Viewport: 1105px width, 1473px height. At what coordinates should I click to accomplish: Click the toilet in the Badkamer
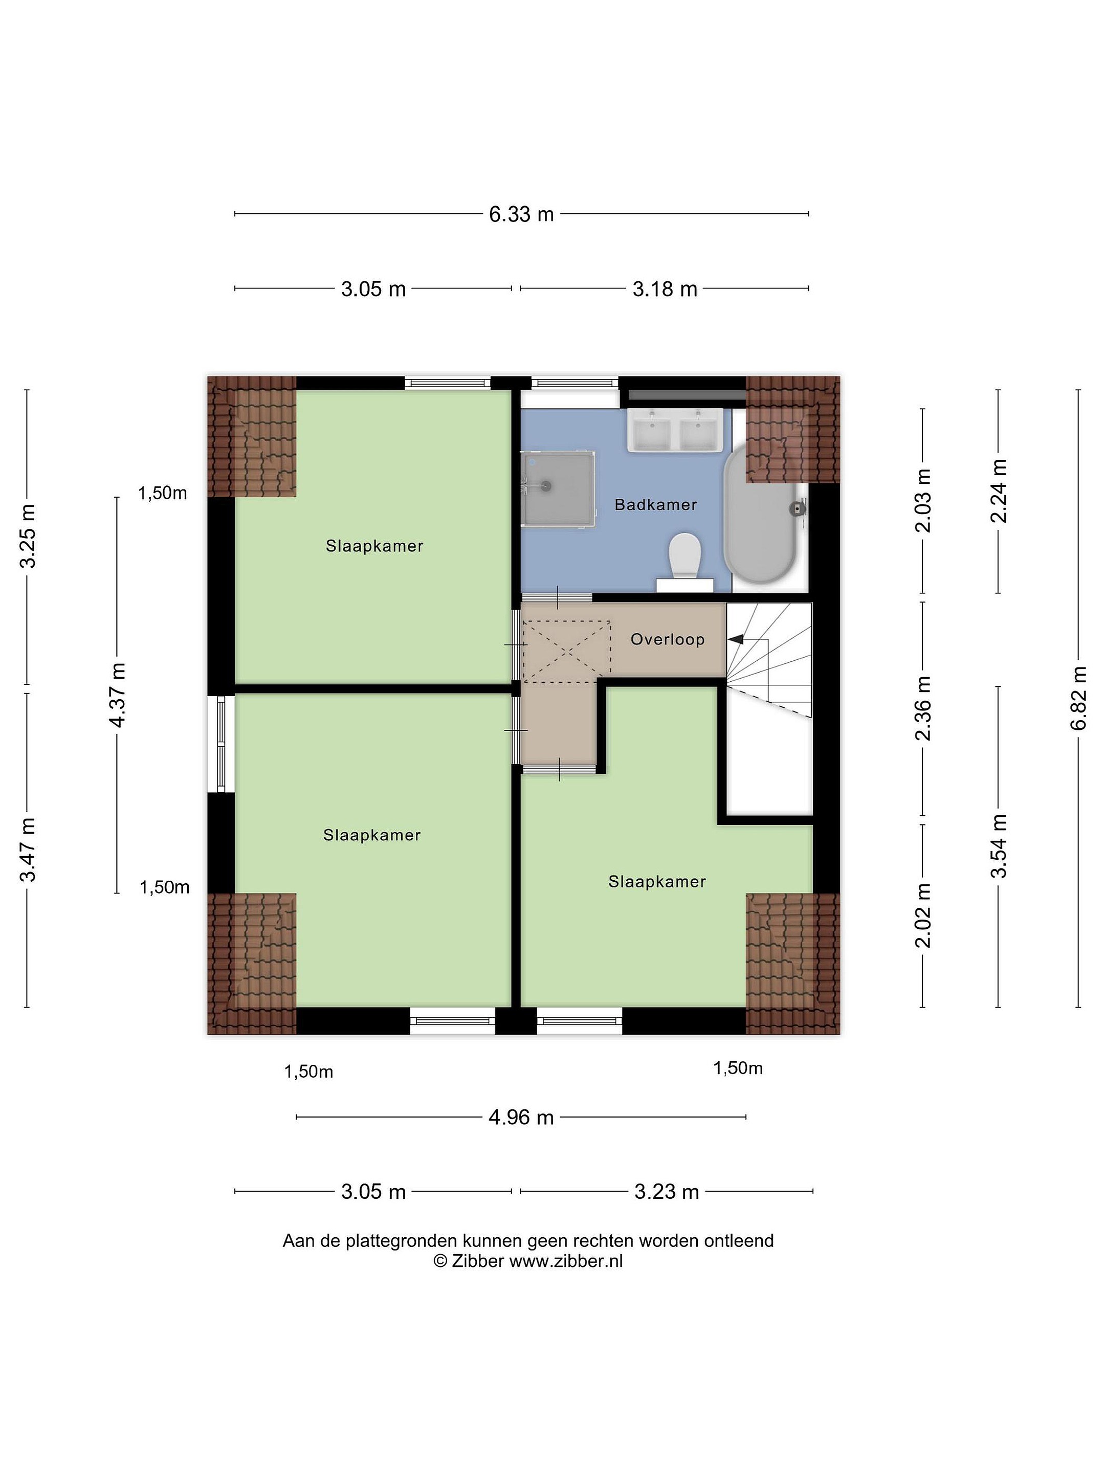click(684, 562)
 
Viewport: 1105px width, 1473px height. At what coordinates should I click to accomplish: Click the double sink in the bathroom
click(675, 430)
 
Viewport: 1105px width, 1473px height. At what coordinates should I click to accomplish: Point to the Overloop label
click(668, 639)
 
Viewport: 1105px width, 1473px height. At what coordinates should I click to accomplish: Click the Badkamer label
click(655, 505)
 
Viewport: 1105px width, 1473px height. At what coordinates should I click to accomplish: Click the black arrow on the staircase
click(736, 639)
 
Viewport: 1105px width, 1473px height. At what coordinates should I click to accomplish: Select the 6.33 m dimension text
click(521, 214)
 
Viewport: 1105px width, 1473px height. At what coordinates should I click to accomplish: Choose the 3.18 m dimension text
click(665, 289)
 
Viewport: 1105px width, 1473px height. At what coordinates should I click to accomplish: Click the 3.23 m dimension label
click(667, 1191)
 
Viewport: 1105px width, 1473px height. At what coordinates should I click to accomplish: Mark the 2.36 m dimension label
click(922, 708)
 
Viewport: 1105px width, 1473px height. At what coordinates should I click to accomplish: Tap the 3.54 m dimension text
click(999, 846)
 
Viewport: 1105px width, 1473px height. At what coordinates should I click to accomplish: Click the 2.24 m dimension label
click(999, 491)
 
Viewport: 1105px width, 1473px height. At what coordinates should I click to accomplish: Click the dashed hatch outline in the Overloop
click(567, 651)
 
